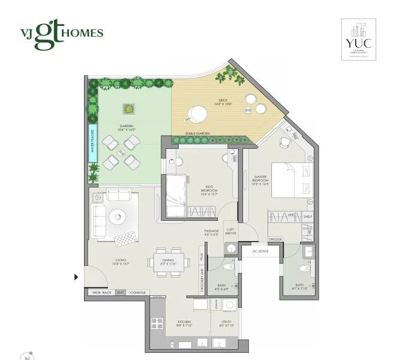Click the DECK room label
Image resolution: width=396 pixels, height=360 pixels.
[x=223, y=102]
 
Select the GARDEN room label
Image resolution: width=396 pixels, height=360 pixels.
[x=127, y=127]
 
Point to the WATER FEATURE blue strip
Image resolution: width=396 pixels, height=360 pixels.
[x=93, y=142]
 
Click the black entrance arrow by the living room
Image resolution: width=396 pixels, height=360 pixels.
[x=76, y=277]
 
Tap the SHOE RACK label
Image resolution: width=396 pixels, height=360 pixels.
[x=101, y=292]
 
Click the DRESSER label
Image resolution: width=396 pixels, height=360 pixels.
[x=275, y=240]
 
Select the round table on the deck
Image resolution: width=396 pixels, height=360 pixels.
[x=197, y=112]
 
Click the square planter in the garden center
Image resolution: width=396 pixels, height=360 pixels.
[x=128, y=109]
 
